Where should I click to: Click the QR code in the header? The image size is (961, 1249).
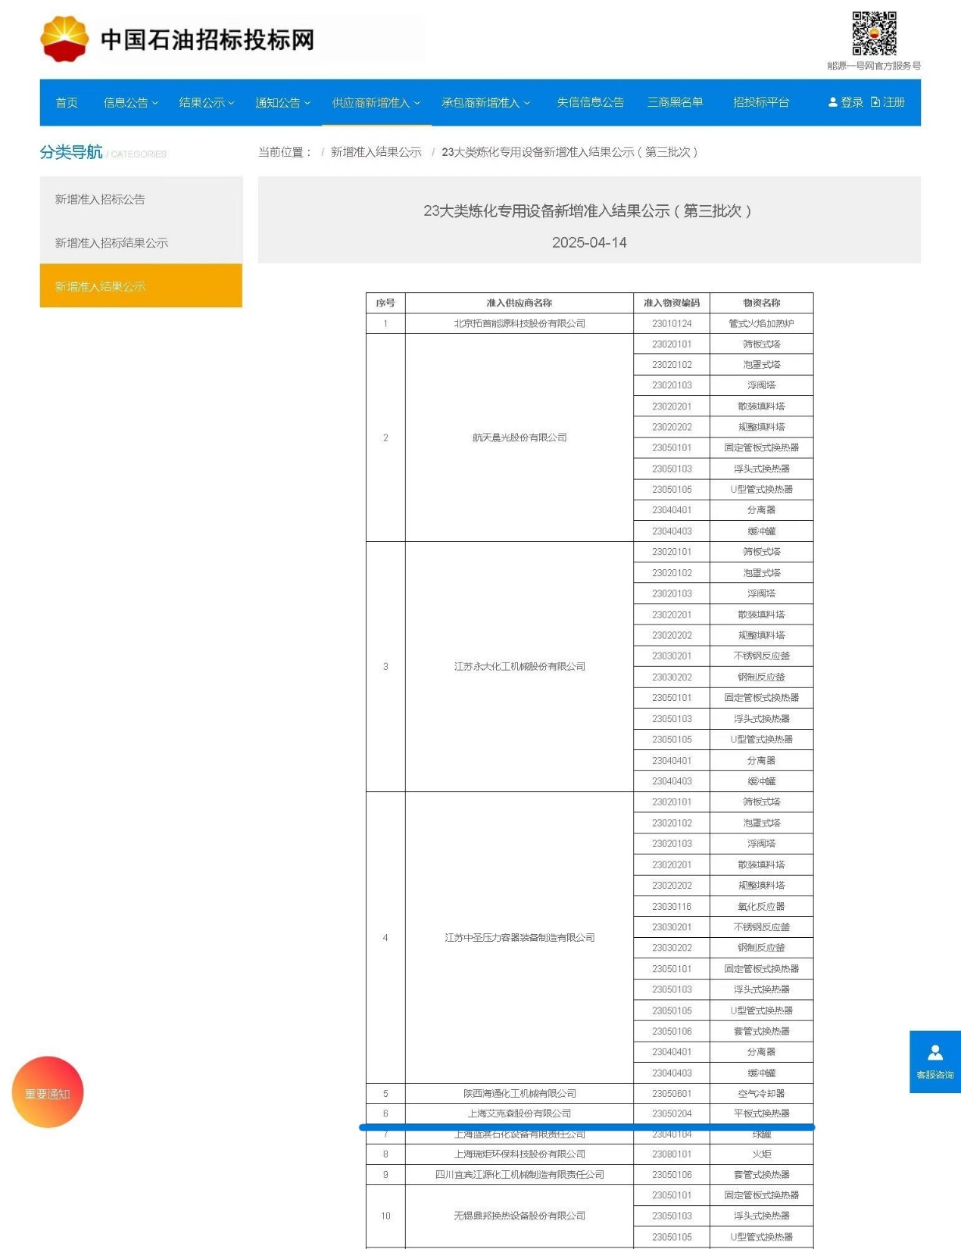[x=874, y=33]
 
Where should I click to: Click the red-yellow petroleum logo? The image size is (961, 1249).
[x=64, y=39]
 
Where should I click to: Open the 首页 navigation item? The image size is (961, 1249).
[x=67, y=103]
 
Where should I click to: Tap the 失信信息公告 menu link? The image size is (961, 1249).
[x=590, y=103]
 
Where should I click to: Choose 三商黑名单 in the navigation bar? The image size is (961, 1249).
[x=675, y=103]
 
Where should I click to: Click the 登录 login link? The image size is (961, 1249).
[x=846, y=103]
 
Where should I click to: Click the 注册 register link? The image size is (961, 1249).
[x=888, y=103]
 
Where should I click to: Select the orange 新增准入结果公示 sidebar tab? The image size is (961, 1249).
[x=141, y=286]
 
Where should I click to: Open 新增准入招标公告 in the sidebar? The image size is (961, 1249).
[x=100, y=200]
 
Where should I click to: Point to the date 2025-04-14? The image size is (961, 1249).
[x=589, y=243]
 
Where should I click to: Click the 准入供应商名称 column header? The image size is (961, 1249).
[x=519, y=303]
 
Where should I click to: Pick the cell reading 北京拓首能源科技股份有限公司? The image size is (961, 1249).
[x=519, y=323]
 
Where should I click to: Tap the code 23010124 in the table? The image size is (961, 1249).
[x=672, y=323]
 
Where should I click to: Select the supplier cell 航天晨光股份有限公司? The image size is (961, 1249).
[x=519, y=438]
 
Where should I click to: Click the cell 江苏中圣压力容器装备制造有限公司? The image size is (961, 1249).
[x=519, y=938]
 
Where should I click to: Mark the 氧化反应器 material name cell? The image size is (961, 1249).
[x=761, y=906]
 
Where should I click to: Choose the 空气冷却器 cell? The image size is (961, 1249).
[x=761, y=1094]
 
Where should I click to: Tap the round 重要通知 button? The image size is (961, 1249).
[x=48, y=1092]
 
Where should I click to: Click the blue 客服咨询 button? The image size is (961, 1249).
[x=934, y=1061]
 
